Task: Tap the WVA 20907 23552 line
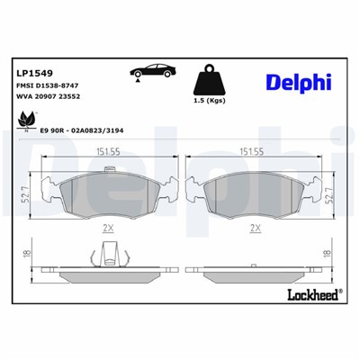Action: click(49, 94)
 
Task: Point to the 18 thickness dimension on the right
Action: click(325, 256)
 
